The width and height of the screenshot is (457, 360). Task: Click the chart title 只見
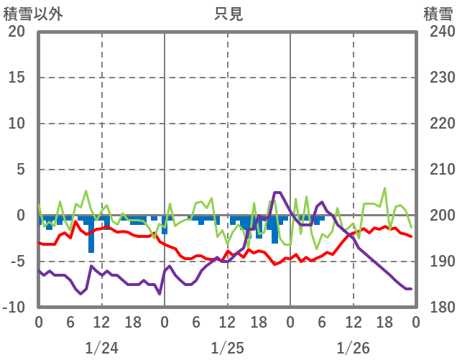pos(228,14)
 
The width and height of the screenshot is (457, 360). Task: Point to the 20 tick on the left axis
pos(17,32)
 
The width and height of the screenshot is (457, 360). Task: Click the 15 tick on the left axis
pos(17,78)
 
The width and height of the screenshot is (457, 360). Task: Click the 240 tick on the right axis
pos(438,32)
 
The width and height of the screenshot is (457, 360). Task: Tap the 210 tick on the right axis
pos(438,170)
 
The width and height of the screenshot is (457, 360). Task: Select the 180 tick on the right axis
pos(438,308)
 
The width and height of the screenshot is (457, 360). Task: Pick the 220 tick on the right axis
pos(438,124)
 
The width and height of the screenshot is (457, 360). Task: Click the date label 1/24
pos(101,348)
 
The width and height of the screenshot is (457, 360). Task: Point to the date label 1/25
pos(227,348)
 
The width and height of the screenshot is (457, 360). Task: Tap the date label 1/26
pos(353,348)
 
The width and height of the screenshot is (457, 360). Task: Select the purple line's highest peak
pos(277,193)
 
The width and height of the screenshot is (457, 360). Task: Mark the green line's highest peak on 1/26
pos(384,188)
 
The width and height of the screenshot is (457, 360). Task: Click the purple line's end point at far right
pos(410,289)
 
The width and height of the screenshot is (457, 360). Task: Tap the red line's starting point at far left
pos(39,243)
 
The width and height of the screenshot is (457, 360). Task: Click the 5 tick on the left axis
pos(20,170)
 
